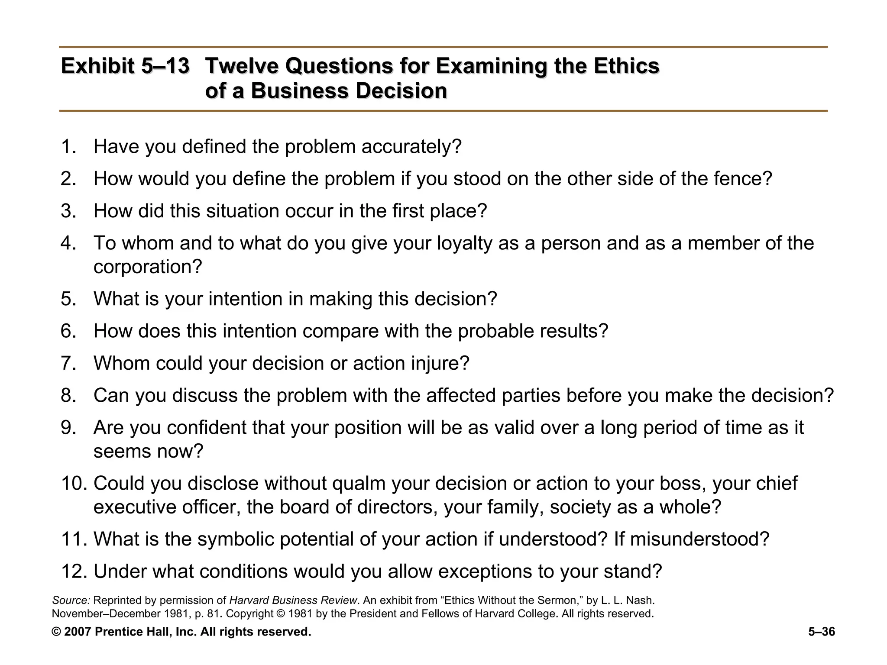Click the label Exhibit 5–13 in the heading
point(125,66)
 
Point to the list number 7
point(68,363)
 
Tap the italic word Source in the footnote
point(71,600)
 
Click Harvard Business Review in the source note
point(293,600)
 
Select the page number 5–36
point(821,632)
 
